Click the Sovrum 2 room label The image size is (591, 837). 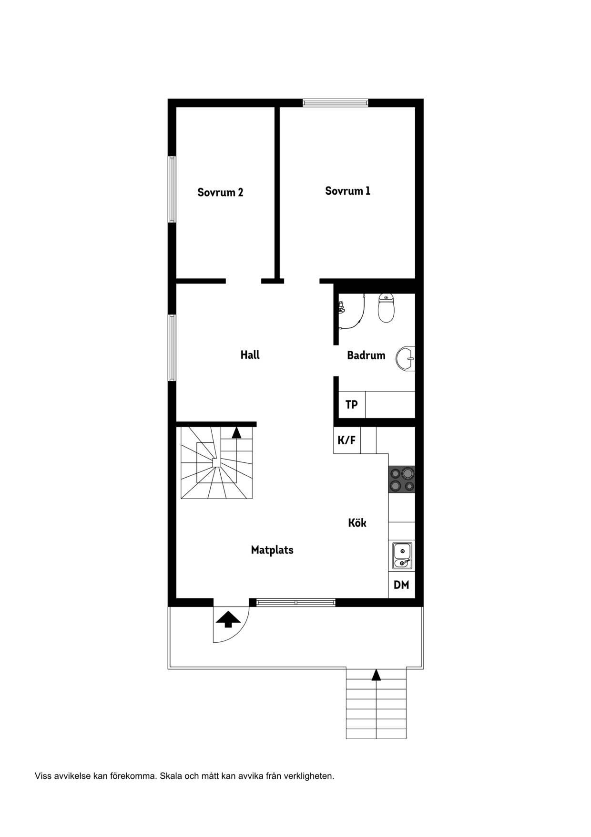tap(220, 192)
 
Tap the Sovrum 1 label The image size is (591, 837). tap(347, 191)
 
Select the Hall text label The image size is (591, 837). tap(250, 355)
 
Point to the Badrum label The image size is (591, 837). tap(366, 355)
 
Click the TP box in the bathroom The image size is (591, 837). tap(352, 405)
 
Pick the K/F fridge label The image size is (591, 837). tap(346, 440)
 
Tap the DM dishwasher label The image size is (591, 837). tap(401, 585)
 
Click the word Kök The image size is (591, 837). tap(357, 523)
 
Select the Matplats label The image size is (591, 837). tap(272, 550)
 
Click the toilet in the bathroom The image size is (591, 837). tap(386, 308)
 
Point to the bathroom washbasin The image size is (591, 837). tap(406, 358)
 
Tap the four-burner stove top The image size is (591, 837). tap(402, 480)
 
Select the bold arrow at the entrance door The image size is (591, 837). tap(228, 619)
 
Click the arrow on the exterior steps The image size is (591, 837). tap(376, 674)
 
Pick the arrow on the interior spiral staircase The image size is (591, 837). tap(236, 432)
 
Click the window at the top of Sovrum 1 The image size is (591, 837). tap(336, 103)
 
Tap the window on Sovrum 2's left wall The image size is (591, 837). tap(172, 189)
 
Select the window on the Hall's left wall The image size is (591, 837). tap(172, 347)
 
